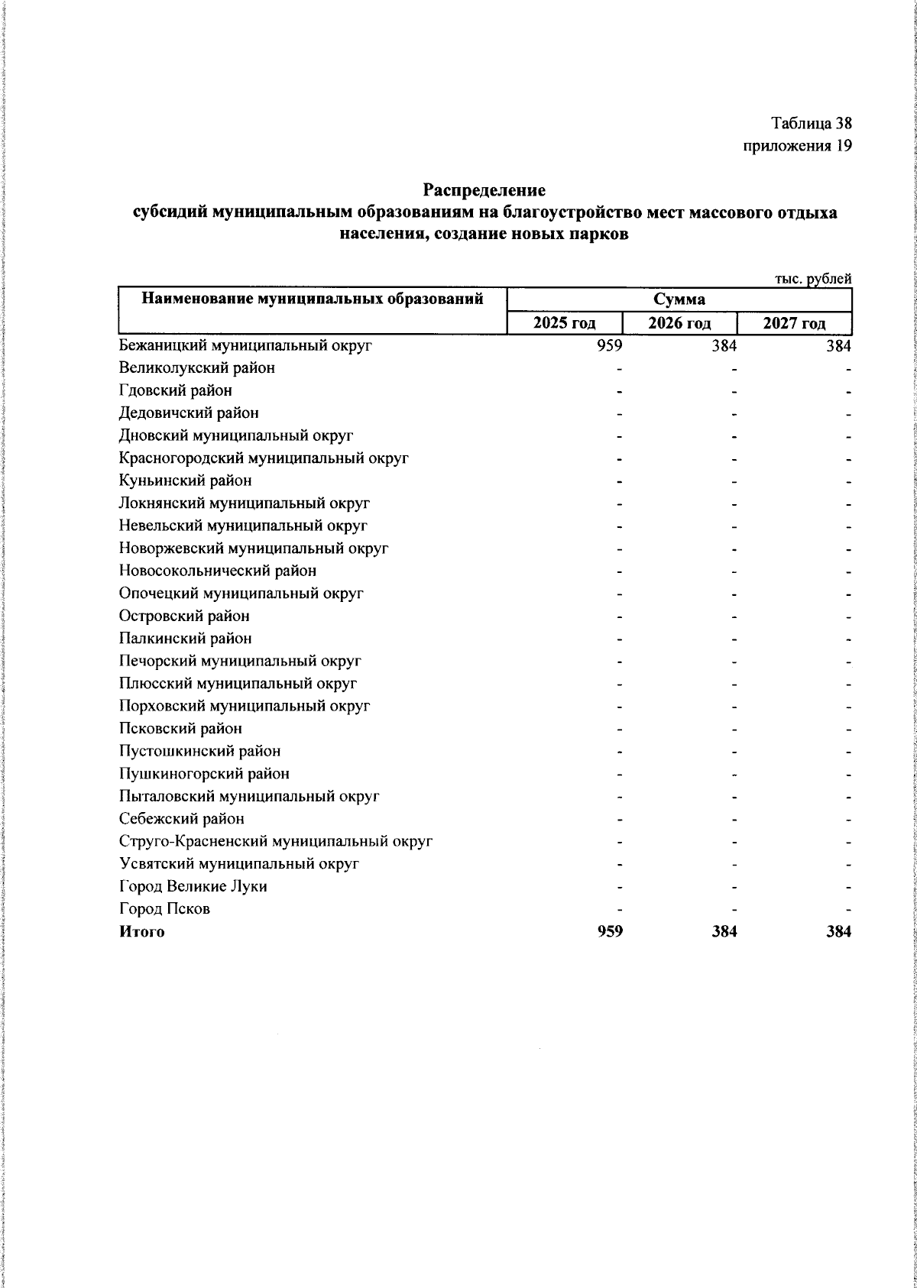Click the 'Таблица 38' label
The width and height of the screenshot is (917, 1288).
(811, 123)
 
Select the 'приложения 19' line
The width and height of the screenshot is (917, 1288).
(797, 146)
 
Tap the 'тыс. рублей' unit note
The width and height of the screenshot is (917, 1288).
(813, 280)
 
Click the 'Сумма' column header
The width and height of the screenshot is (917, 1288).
(679, 299)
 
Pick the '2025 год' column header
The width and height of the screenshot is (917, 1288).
(565, 323)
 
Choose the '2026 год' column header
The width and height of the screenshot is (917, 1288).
(679, 323)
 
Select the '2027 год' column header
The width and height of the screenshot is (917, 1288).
(794, 323)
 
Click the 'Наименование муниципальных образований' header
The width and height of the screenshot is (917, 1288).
(313, 299)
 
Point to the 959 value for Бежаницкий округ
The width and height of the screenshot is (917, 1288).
(610, 345)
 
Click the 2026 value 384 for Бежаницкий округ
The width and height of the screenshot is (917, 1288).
(724, 345)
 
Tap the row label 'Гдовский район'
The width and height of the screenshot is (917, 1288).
(176, 390)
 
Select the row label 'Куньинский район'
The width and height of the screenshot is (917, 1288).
(186, 481)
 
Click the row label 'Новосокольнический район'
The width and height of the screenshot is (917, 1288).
(218, 571)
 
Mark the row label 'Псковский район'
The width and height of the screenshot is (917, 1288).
(180, 729)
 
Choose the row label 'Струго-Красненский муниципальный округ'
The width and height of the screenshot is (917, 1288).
(276, 841)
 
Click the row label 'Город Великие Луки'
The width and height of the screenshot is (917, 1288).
(193, 886)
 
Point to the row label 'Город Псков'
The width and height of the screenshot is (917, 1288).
(164, 909)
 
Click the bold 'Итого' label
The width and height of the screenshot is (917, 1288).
(141, 932)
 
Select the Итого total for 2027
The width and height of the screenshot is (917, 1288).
(838, 932)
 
